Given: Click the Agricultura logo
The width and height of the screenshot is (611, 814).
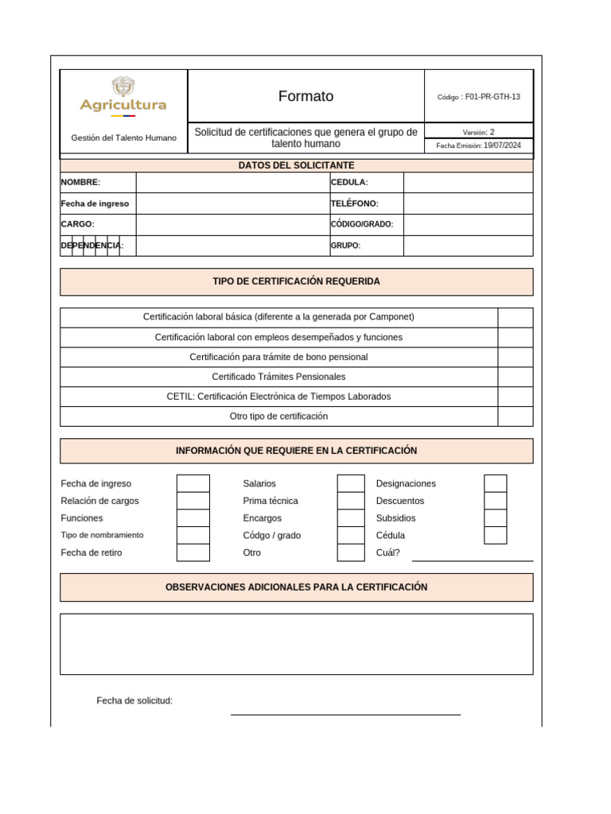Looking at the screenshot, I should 123,96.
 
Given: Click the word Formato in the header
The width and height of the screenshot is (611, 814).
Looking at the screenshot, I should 305,96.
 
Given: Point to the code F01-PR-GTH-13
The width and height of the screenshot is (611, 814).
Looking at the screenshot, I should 492,97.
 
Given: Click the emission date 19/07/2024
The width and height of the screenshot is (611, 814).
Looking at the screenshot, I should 502,146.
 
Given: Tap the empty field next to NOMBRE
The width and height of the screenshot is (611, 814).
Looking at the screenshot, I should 232,183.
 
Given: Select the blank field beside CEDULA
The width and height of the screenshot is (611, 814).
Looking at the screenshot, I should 468,183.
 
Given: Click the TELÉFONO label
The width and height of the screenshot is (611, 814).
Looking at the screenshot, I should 354,203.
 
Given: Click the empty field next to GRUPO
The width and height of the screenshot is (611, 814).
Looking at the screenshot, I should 468,246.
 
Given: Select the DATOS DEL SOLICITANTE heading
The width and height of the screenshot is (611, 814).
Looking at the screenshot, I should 297,165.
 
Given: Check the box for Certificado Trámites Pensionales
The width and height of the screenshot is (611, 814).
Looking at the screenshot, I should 516,377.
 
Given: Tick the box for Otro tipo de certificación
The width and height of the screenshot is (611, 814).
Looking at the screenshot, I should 516,417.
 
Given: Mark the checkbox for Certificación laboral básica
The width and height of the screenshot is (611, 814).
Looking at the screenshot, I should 516,317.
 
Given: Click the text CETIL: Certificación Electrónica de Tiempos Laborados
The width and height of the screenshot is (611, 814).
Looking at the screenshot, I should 278,397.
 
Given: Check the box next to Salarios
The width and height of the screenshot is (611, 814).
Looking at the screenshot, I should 351,483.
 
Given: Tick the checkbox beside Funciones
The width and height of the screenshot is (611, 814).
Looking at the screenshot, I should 193,518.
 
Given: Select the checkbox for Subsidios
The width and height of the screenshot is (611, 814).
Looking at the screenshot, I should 495,518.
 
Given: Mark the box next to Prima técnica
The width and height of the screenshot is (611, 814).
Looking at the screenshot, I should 351,501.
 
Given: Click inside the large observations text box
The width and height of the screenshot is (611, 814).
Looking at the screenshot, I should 297,644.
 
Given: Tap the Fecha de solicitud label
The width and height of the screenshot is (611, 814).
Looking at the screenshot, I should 134,700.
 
